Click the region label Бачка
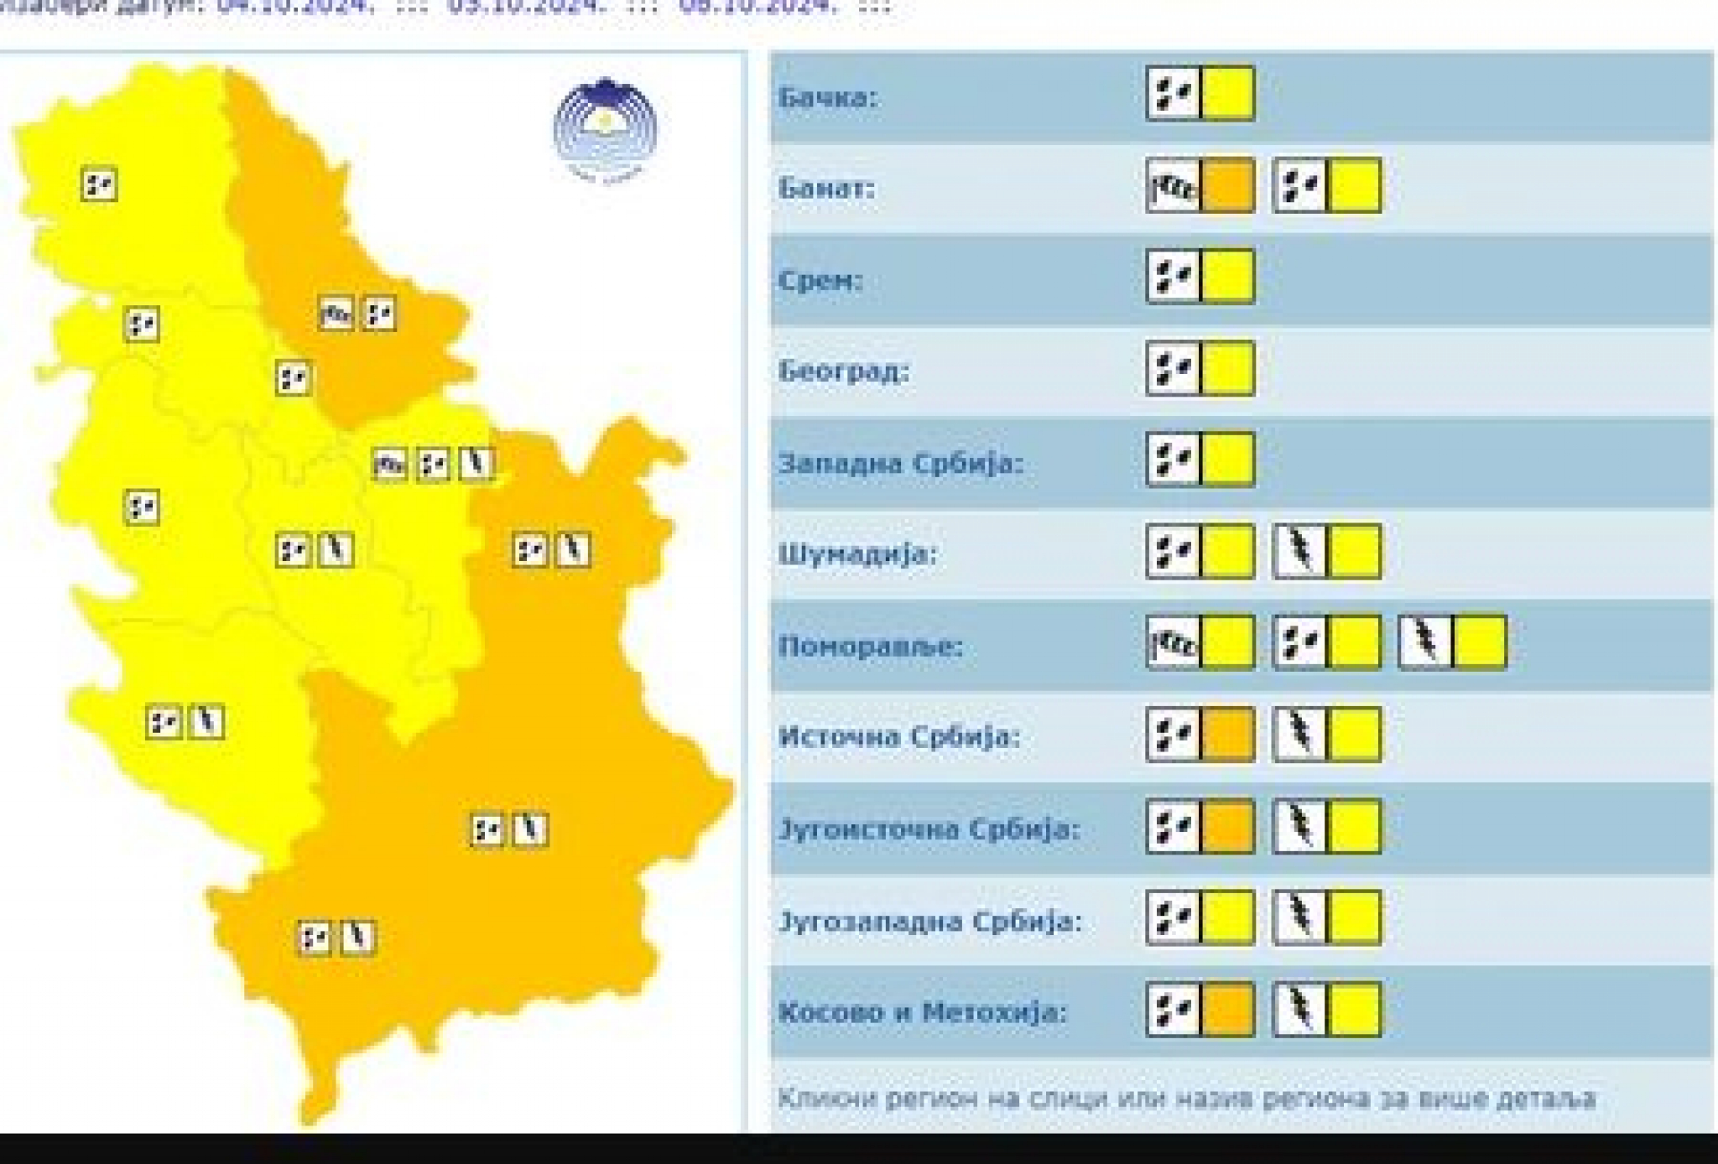(x=827, y=97)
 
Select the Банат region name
(x=826, y=188)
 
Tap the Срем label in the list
(x=820, y=280)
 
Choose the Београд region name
(x=843, y=371)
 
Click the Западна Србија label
(x=901, y=463)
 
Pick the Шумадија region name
(x=857, y=554)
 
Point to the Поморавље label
(x=871, y=647)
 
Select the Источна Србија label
(x=898, y=737)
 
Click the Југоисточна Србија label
(x=929, y=829)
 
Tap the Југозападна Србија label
(x=930, y=921)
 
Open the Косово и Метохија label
(x=923, y=1012)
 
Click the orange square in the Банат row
(x=1228, y=185)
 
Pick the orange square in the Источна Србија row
(x=1228, y=735)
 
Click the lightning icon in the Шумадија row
(x=1299, y=552)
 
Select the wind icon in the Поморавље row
(x=1174, y=643)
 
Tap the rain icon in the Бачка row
(x=1174, y=93)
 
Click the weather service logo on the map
(x=605, y=130)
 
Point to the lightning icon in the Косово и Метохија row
(x=1299, y=1010)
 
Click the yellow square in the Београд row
(x=1228, y=368)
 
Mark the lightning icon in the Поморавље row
(x=1424, y=643)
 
